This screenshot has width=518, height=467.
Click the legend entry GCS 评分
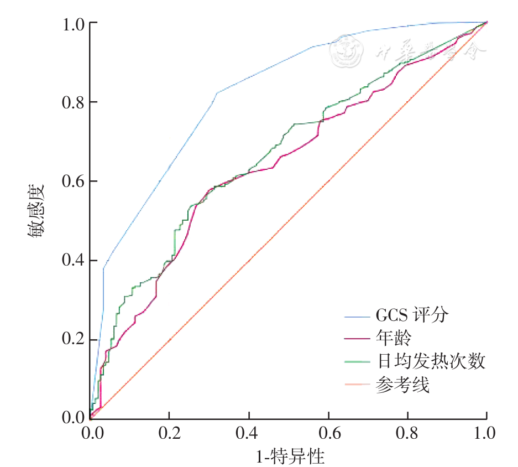412,316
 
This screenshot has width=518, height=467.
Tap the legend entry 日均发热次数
431,361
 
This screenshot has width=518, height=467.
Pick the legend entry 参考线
402,384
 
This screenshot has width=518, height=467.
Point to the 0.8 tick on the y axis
74,102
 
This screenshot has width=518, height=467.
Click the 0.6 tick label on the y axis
74,181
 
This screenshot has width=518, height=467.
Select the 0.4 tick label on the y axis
74,260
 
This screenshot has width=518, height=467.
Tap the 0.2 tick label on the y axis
74,339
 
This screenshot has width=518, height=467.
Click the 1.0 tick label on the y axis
74,24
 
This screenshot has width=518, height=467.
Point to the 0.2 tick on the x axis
170,432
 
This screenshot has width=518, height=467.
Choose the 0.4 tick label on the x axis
249,432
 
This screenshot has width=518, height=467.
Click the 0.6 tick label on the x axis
328,432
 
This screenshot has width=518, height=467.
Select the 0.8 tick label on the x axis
407,432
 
